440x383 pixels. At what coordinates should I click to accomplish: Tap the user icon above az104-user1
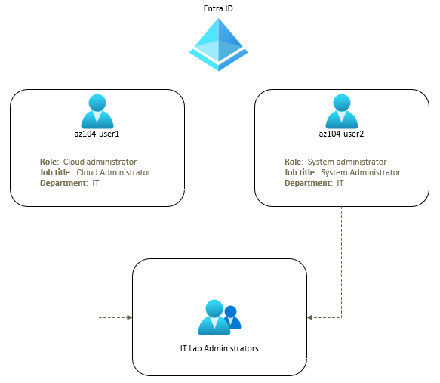pyautogui.click(x=97, y=111)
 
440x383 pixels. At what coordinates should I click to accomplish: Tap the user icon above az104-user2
pyautogui.click(x=341, y=111)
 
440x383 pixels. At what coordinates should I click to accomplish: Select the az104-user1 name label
pyautogui.click(x=97, y=134)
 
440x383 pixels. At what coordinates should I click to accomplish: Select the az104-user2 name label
pyautogui.click(x=341, y=134)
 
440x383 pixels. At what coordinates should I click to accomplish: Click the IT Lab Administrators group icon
pyautogui.click(x=218, y=318)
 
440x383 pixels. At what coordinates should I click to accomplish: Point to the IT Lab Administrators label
pyautogui.click(x=219, y=348)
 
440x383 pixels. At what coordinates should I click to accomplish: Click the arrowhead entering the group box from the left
pyautogui.click(x=129, y=317)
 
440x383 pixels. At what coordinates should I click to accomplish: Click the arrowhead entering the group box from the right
pyautogui.click(x=309, y=317)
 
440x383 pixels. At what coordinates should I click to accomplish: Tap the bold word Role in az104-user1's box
pyautogui.click(x=50, y=162)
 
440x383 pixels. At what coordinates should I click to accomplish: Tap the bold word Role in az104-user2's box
pyautogui.click(x=294, y=162)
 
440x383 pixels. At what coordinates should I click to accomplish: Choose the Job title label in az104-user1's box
pyautogui.click(x=57, y=172)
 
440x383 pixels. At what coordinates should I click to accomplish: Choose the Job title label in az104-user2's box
pyautogui.click(x=300, y=172)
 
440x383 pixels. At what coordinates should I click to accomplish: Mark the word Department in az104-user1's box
pyautogui.click(x=63, y=183)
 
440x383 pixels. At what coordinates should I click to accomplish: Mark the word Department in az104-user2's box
pyautogui.click(x=307, y=183)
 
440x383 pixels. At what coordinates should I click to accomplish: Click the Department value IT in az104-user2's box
pyautogui.click(x=340, y=183)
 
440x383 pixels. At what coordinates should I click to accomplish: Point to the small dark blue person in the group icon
pyautogui.click(x=232, y=317)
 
